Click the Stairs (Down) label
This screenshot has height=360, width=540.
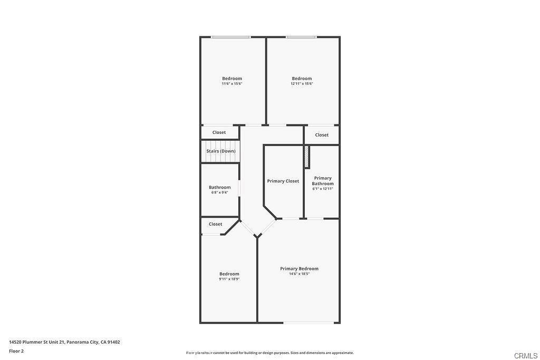coord(221,151)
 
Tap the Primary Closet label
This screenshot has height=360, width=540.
coord(283,181)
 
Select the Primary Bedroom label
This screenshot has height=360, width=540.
coord(300,268)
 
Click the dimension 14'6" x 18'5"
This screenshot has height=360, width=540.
coord(300,274)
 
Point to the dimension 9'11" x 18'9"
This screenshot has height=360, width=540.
coord(229,279)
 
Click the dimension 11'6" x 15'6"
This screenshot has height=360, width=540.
coord(232,84)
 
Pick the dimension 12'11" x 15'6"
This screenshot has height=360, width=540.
coord(302,84)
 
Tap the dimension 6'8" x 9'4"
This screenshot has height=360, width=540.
coord(220,193)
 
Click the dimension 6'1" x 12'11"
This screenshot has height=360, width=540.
coord(323,189)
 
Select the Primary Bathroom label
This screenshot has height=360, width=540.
coord(323,181)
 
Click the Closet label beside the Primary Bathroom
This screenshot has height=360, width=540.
coord(322,135)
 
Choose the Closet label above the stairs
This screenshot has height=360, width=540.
coord(219,132)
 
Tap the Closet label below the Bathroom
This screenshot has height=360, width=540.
coord(215,224)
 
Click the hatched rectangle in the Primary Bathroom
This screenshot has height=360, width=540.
coord(306,157)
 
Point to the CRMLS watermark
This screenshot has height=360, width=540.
coord(526,356)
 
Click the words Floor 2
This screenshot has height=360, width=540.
coord(16,351)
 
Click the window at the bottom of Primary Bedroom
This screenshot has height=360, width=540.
coord(308,323)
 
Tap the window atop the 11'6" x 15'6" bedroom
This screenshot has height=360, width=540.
coord(231,37)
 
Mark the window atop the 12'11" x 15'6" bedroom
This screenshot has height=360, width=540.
coord(301,37)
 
